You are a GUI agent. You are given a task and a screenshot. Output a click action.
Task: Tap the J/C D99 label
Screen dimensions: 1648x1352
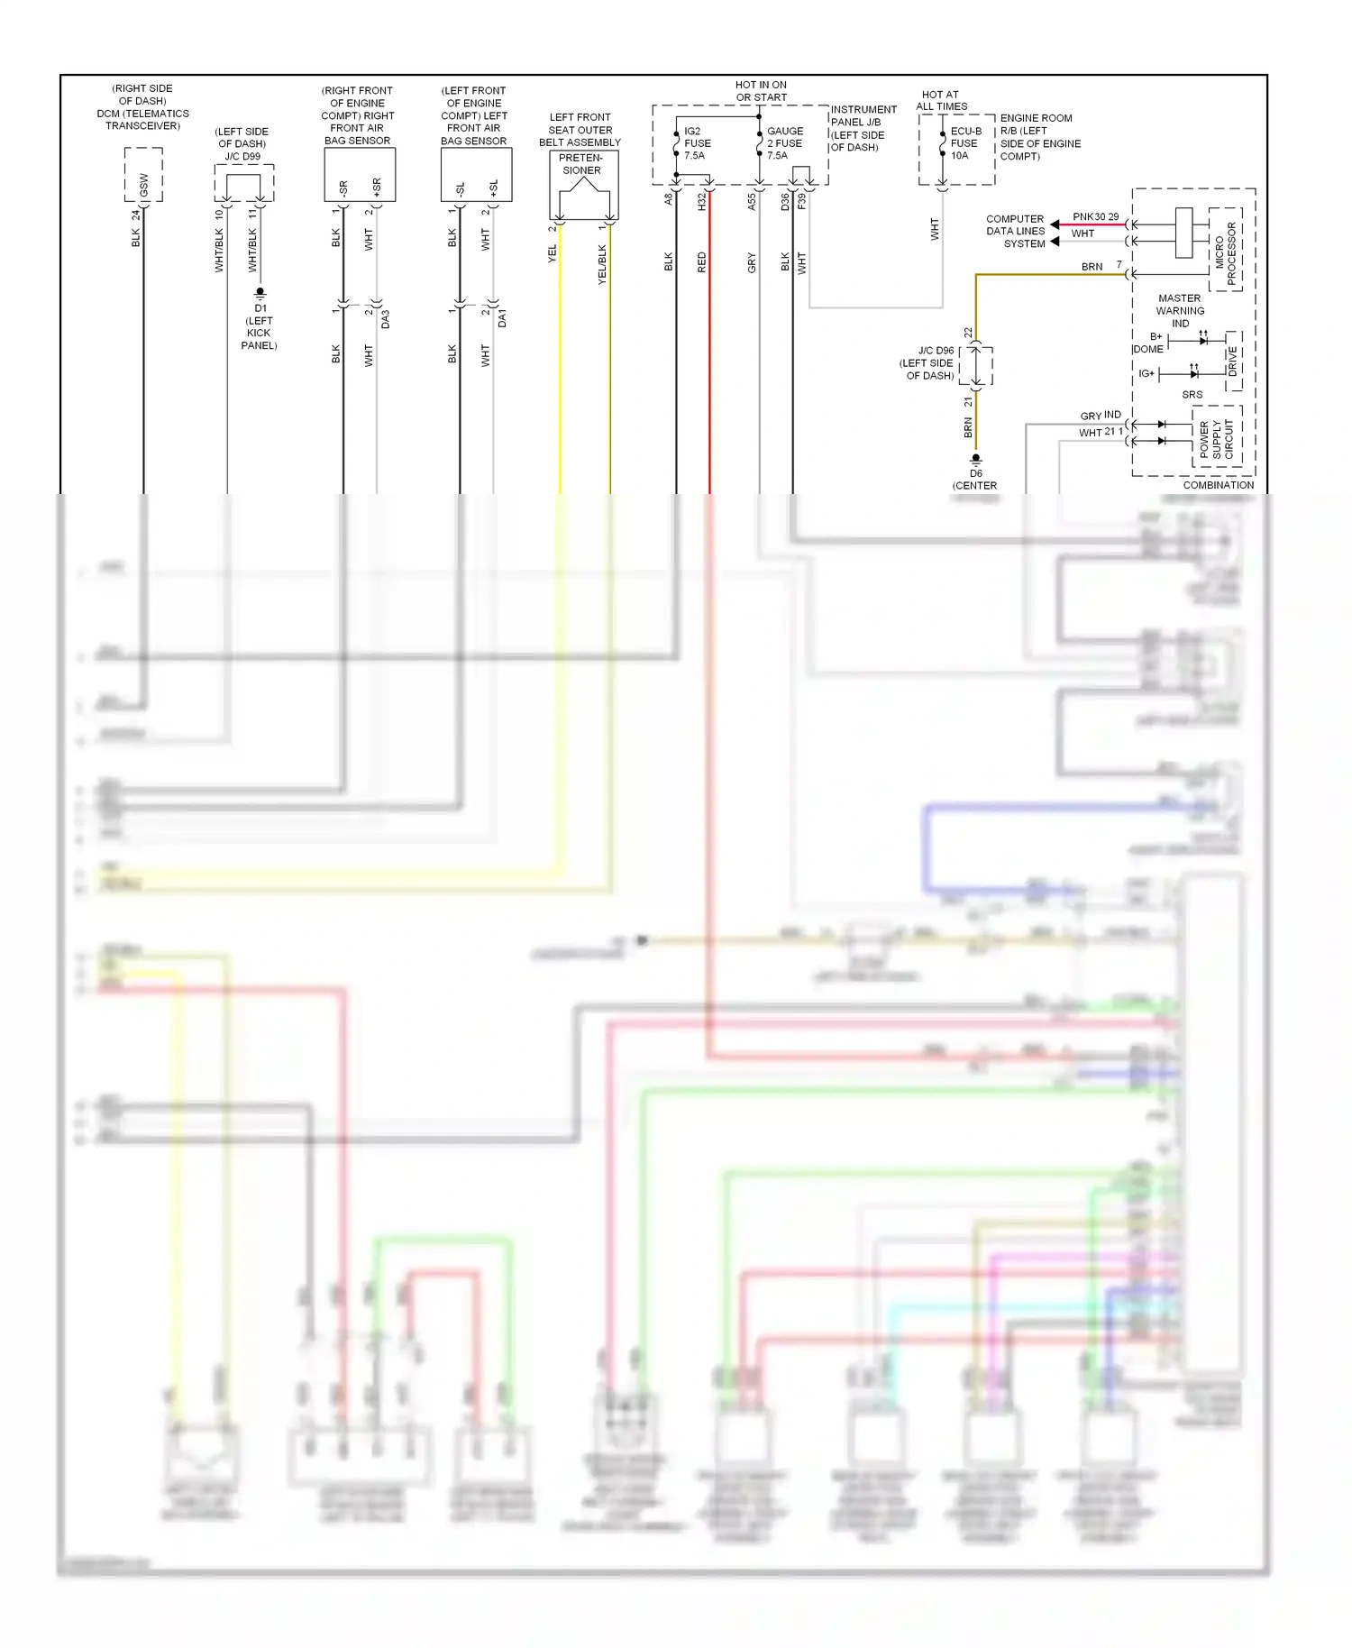coord(242,156)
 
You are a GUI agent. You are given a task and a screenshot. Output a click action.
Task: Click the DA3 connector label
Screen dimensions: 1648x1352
coord(386,318)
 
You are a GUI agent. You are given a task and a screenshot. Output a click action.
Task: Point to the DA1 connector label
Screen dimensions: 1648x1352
coord(502,318)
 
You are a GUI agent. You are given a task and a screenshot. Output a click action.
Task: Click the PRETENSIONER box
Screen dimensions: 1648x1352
coord(583,184)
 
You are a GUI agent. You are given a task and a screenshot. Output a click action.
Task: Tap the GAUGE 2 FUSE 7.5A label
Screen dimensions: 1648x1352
coord(784,143)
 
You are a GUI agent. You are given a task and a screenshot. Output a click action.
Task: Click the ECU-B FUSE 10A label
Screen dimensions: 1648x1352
coord(965,143)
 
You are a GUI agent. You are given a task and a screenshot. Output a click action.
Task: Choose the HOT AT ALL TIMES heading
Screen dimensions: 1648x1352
coord(941,100)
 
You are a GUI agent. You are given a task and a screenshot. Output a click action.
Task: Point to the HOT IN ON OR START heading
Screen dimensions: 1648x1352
coord(761,91)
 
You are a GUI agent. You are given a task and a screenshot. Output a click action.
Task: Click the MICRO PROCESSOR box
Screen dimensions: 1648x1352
coord(1225,249)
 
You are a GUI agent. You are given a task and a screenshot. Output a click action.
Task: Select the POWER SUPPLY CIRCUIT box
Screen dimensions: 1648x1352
coord(1217,436)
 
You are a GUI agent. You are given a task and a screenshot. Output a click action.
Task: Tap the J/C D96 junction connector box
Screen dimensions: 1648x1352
coord(976,366)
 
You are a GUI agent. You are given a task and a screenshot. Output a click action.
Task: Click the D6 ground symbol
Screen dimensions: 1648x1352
coord(975,459)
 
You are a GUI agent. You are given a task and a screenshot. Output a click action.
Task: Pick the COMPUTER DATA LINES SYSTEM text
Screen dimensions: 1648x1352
coord(1015,231)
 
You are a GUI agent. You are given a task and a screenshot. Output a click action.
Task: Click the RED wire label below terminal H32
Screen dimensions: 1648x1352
coord(701,262)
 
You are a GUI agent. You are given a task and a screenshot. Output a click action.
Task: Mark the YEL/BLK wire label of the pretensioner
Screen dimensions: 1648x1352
coord(602,264)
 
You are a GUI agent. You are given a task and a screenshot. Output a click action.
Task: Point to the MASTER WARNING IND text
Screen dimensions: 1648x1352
coord(1180,310)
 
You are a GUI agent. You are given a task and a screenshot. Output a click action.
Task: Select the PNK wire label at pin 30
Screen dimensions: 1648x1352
coord(1083,216)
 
